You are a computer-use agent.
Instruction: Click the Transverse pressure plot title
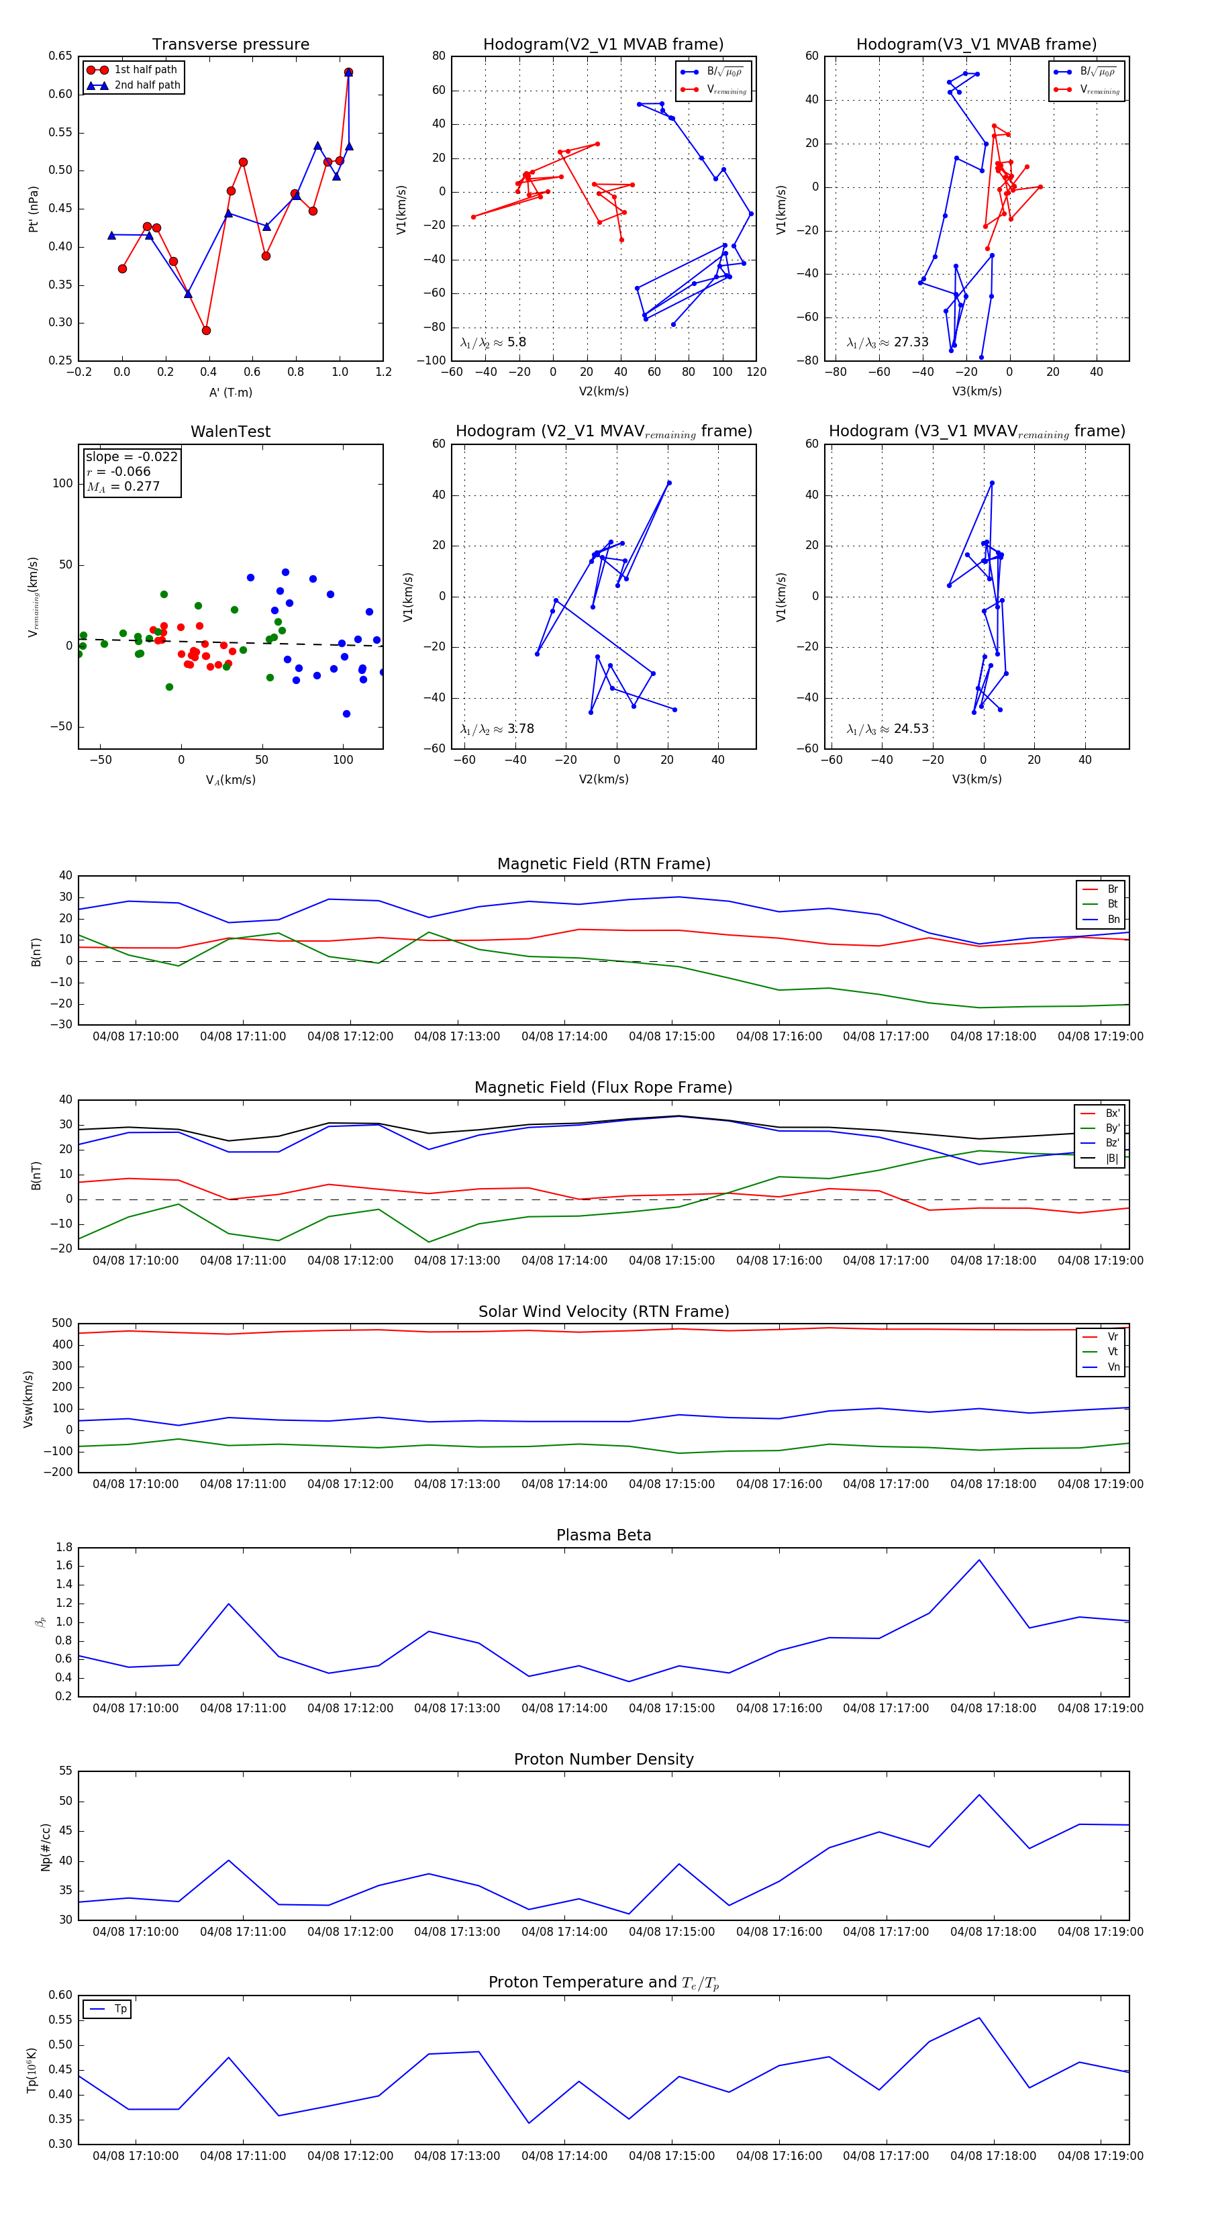coord(230,45)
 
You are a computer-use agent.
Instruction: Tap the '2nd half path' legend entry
coord(147,85)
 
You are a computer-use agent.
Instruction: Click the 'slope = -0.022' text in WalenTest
coord(132,456)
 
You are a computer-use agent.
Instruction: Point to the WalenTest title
coord(230,432)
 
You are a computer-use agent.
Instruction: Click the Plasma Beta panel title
coord(603,1535)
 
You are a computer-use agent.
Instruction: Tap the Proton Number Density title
coord(603,1759)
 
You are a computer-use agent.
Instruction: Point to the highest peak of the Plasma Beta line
coord(978,1560)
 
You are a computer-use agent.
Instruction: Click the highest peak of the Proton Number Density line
coord(978,1795)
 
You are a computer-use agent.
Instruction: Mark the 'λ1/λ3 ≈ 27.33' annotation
coord(887,342)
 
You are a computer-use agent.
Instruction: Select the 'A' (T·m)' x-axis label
coord(230,392)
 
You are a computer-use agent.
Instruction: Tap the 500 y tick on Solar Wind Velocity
coord(62,1324)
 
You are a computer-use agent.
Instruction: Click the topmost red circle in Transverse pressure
coord(348,72)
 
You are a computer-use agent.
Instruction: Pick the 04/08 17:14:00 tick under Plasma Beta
coord(564,1708)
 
